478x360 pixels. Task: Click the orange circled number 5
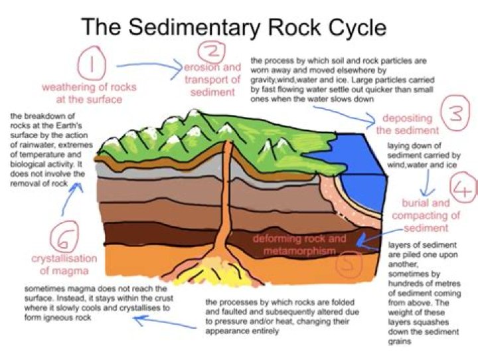pyautogui.click(x=351, y=264)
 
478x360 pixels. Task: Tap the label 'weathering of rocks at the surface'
pyautogui.click(x=83, y=93)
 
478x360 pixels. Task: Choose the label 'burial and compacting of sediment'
pyautogui.click(x=426, y=216)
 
